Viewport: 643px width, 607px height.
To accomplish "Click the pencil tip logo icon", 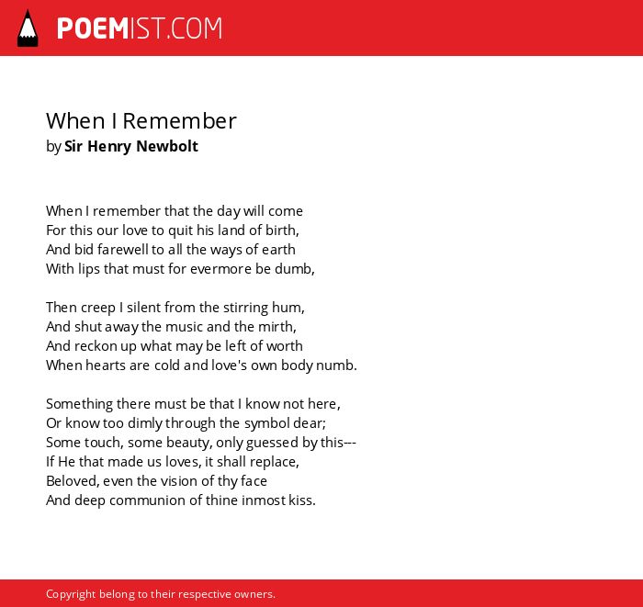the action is [28, 28].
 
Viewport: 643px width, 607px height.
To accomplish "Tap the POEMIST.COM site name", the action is [140, 28].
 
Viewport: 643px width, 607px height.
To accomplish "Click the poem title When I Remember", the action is [141, 121].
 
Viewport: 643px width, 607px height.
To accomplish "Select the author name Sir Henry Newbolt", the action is [131, 146].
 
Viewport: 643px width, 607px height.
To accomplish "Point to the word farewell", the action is [122, 249].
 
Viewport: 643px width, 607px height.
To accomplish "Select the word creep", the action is [97, 309].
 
